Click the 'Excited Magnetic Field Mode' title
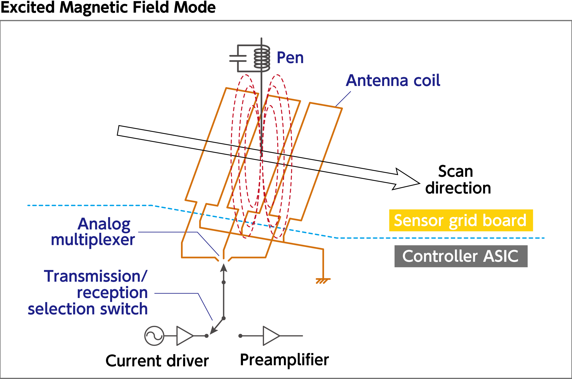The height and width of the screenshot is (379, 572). coord(108,7)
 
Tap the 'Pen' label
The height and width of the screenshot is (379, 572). coord(290,58)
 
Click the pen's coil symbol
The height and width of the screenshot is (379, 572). coord(262,59)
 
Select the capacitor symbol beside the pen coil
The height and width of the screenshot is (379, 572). coord(238,58)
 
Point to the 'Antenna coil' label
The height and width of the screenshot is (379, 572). coord(393,80)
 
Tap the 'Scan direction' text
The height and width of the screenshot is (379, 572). coord(458,180)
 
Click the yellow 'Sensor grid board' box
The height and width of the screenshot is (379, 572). coord(461,220)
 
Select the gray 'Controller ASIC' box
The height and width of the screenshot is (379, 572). coord(461,256)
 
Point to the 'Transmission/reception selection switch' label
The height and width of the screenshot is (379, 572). coord(88,292)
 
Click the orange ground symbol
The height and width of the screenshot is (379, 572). coord(323,281)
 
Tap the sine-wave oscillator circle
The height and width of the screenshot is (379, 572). coord(154,336)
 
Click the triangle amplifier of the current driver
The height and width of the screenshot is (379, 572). coord(185,336)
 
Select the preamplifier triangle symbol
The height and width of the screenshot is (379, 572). coord(271,336)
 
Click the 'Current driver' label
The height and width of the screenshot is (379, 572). coord(157,361)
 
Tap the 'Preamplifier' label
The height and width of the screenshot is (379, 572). coord(284,360)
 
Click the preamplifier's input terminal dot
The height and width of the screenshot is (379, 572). coord(240,336)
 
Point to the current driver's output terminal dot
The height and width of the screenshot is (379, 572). coord(206,336)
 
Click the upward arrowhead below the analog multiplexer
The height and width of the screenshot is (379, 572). coord(224,268)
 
